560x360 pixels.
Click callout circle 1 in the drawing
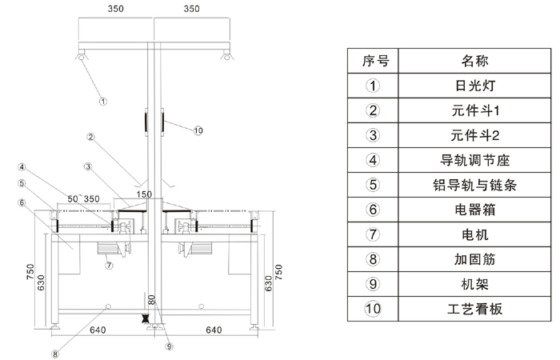[x=103, y=102]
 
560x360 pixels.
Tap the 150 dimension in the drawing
[x=144, y=194]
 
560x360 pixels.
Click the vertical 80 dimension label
[x=150, y=300]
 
